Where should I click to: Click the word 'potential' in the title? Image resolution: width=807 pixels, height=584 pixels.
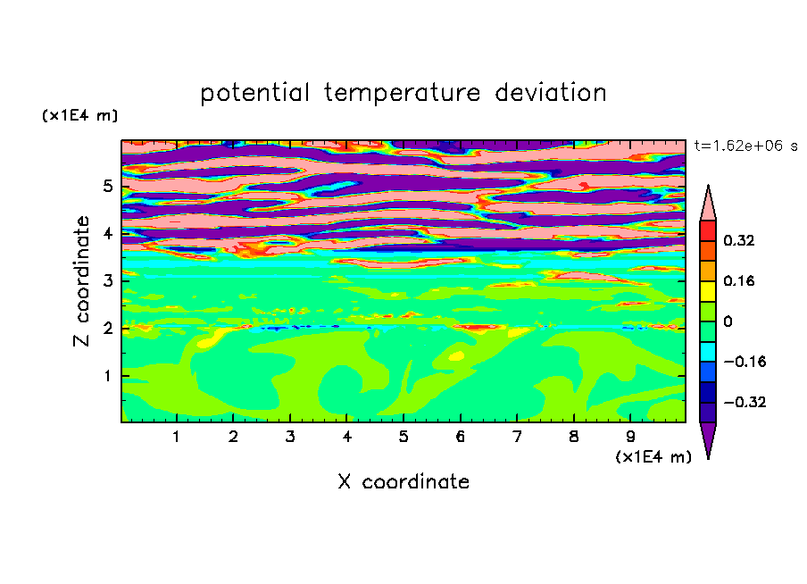point(254,94)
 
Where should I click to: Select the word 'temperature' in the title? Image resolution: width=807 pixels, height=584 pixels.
point(403,94)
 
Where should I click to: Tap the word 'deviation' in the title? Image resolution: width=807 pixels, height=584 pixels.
point(551,93)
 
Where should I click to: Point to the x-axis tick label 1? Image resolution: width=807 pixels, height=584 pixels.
point(176,437)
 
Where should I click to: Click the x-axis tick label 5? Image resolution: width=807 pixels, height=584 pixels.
point(403,437)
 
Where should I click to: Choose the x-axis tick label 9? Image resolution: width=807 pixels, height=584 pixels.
point(630,437)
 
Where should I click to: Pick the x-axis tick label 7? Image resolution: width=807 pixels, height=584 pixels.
point(517,437)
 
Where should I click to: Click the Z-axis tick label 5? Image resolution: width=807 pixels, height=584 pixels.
point(107,186)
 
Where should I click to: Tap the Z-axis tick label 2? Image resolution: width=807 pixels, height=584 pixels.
point(107,328)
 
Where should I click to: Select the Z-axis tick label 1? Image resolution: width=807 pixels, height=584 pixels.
point(107,376)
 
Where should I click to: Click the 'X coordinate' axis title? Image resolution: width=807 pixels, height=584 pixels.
point(403,481)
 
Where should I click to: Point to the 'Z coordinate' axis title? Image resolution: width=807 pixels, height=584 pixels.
point(82,281)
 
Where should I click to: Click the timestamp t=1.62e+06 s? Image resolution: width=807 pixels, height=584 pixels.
point(745,146)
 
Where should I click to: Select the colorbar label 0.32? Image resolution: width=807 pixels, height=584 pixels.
point(738,240)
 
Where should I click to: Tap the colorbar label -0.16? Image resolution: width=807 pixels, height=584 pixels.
point(745,362)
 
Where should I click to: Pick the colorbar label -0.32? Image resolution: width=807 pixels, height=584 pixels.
point(745,402)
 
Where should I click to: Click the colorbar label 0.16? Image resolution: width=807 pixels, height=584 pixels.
point(738,280)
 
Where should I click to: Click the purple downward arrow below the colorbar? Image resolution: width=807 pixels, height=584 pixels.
point(708,437)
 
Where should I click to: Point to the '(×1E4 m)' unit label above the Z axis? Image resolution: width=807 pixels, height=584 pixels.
point(79,115)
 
